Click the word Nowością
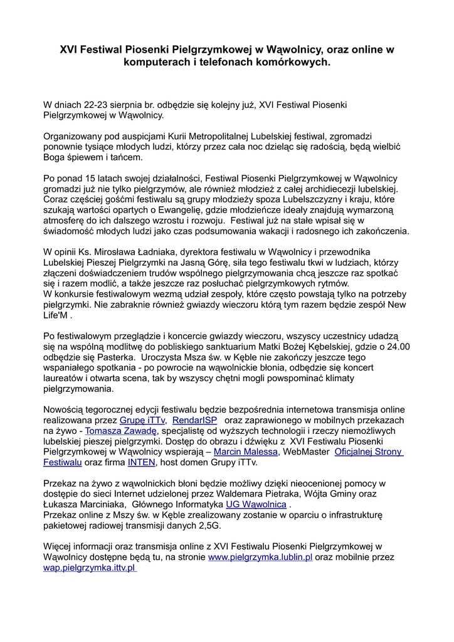pyautogui.click(x=64, y=409)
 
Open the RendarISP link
pyautogui.click(x=196, y=420)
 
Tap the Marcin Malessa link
pyautogui.click(x=245, y=452)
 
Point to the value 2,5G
pyautogui.click(x=207, y=526)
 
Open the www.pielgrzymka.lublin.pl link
pyautogui.click(x=260, y=557)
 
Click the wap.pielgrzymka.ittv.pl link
pyautogui.click(x=90, y=568)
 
